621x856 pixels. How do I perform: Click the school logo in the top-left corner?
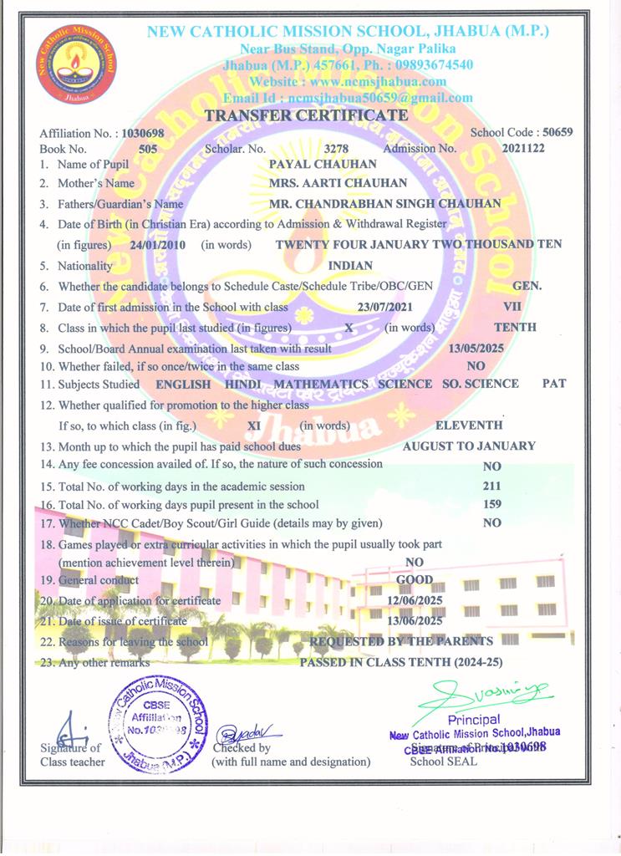pyautogui.click(x=76, y=65)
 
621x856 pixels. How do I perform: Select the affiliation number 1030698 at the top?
pyautogui.click(x=143, y=134)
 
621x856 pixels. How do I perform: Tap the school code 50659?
pyautogui.click(x=557, y=133)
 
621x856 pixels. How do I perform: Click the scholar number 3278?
pyautogui.click(x=336, y=149)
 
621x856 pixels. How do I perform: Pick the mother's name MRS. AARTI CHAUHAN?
pyautogui.click(x=338, y=183)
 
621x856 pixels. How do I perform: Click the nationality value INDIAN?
pyautogui.click(x=351, y=266)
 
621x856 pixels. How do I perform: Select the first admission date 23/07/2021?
pyautogui.click(x=385, y=307)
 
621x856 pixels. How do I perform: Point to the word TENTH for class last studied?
pyautogui.click(x=515, y=327)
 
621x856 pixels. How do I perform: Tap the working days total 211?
pyautogui.click(x=492, y=486)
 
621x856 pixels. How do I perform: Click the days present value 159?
pyautogui.click(x=492, y=504)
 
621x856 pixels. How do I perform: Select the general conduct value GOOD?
pyautogui.click(x=415, y=579)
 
